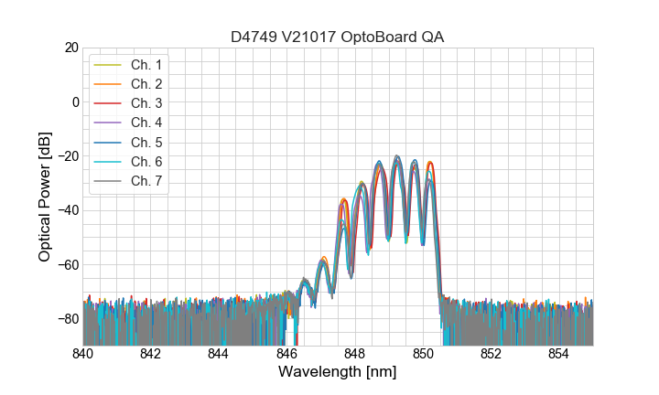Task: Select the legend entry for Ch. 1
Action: click(146, 65)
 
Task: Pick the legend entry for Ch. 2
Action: click(146, 84)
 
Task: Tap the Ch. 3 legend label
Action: click(146, 103)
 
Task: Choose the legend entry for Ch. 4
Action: click(146, 123)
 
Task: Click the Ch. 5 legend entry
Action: click(146, 143)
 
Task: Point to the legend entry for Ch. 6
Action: click(146, 162)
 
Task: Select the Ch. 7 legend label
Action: click(146, 181)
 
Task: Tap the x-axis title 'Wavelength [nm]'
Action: click(337, 373)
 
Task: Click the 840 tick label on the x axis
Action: click(83, 354)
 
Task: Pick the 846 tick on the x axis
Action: click(286, 354)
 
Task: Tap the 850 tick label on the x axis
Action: click(423, 354)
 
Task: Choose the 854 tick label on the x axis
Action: click(558, 354)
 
